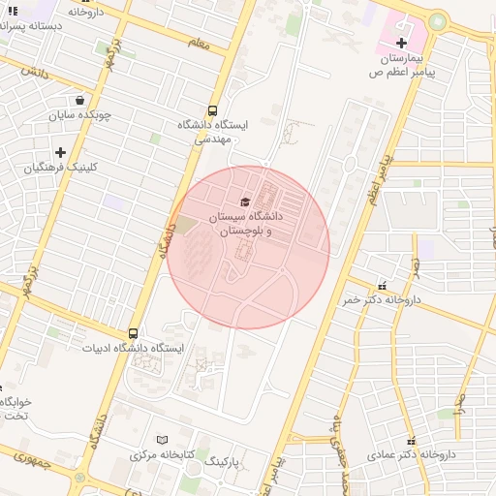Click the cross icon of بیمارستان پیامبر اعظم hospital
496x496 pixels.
401,43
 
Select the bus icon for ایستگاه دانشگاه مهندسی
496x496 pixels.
212,110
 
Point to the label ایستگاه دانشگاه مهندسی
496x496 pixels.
212,132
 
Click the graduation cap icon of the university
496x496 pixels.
244,201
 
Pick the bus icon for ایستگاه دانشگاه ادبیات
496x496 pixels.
133,332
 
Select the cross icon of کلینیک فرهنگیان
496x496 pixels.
60,152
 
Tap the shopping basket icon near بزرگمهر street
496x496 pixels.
79,100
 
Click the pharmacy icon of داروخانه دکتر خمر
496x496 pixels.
383,286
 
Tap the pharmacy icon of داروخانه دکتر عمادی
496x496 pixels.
411,439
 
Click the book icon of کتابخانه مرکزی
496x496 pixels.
162,439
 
